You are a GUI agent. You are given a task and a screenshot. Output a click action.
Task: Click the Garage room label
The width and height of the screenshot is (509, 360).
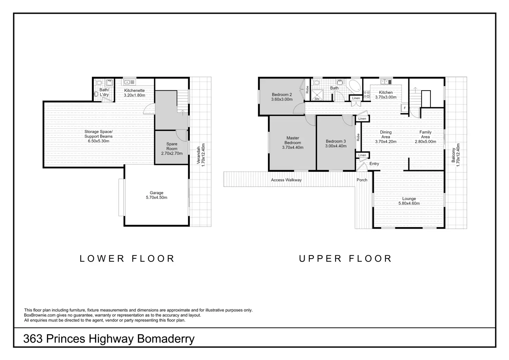coord(157,195)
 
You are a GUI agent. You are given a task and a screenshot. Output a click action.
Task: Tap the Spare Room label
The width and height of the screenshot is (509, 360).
coord(172,149)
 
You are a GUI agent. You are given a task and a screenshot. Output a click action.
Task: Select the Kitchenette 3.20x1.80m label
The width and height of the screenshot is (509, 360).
coord(135,93)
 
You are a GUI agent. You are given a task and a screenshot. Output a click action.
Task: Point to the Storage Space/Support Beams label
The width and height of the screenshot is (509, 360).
coord(99,136)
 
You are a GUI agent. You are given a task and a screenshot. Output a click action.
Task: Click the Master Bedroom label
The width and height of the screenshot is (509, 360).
coord(293,143)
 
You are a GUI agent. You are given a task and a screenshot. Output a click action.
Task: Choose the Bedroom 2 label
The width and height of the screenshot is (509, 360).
coord(282,97)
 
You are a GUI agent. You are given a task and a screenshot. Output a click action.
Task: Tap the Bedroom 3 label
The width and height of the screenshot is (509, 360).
coord(336,144)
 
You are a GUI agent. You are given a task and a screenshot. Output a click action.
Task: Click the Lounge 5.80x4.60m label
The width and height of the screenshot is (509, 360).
coord(409,201)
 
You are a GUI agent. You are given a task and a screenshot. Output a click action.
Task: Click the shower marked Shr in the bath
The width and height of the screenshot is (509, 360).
coord(317,95)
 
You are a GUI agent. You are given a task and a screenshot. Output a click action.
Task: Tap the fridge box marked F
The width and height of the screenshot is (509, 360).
coord(405,108)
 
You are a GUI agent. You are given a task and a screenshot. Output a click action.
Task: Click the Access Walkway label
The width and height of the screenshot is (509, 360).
coord(286,180)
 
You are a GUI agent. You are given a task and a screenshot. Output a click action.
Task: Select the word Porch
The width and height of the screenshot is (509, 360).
coord(362,180)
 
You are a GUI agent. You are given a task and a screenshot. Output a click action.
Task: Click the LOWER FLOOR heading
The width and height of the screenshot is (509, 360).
coord(127,259)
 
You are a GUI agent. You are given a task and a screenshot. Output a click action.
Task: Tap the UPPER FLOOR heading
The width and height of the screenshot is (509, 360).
coord(345,259)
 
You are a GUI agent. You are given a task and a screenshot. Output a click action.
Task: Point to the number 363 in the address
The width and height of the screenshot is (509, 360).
coord(33,339)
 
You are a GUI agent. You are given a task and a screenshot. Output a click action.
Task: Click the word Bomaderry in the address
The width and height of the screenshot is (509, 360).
coord(166,339)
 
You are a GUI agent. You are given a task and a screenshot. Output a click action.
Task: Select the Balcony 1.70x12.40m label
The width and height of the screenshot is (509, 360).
coord(456,155)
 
